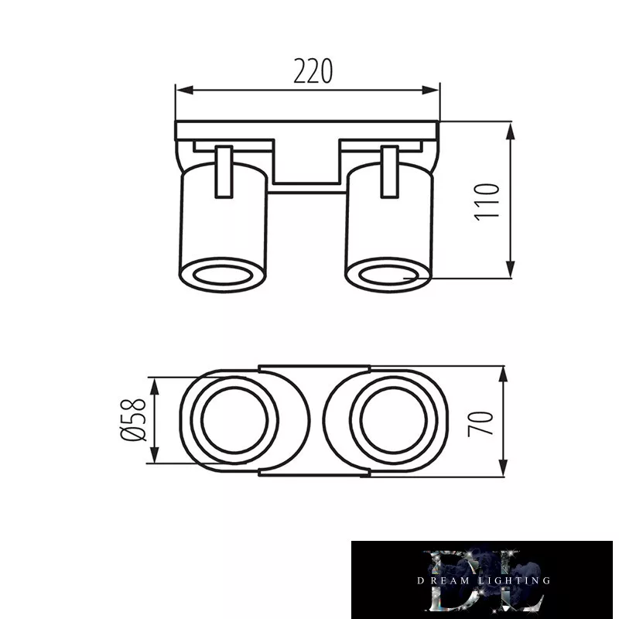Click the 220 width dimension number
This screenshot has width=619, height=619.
(313, 71)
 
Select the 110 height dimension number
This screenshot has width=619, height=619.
(487, 202)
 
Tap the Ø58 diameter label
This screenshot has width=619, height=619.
(133, 419)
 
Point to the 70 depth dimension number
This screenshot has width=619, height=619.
(480, 423)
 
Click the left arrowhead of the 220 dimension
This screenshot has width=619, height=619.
(185, 91)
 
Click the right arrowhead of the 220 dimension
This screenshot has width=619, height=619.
(430, 91)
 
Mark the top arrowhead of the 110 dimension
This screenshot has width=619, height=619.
(511, 131)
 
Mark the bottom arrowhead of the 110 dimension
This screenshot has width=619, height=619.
(511, 269)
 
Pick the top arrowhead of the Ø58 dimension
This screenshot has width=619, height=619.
(154, 386)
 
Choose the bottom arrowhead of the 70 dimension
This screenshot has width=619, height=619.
(503, 468)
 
